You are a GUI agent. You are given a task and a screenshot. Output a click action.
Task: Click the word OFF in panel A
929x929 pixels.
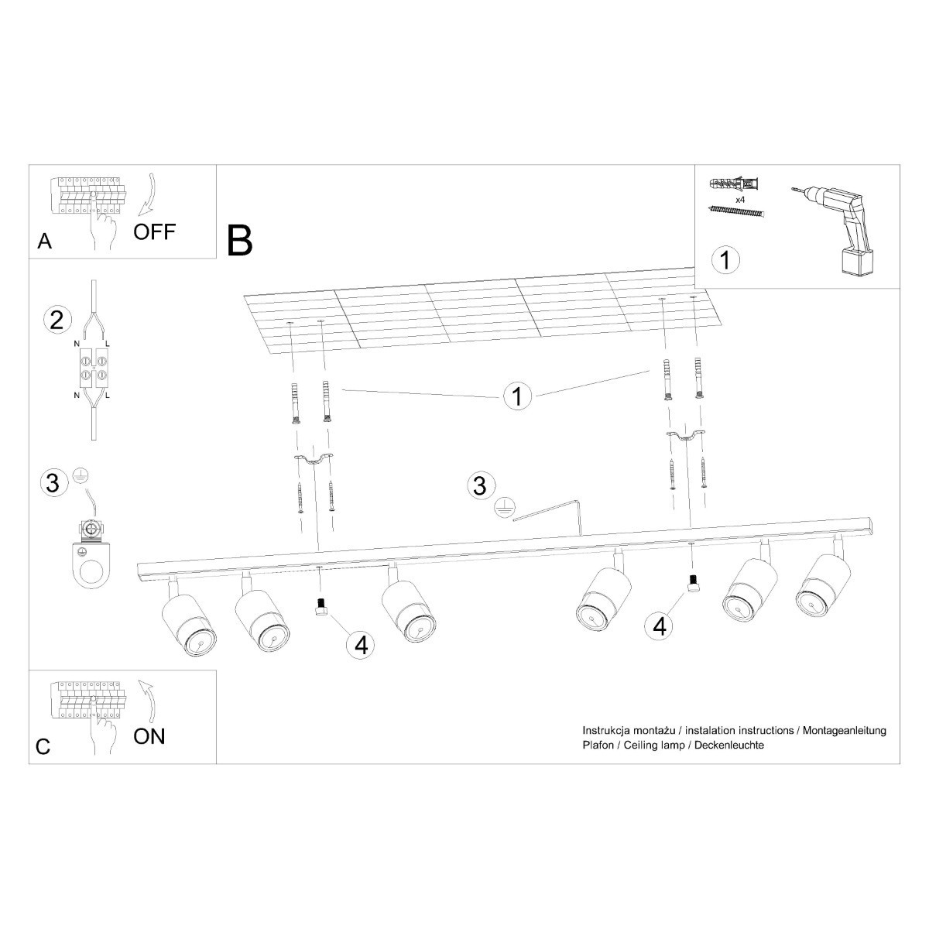[x=155, y=231]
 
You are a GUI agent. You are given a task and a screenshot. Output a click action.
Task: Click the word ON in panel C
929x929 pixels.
[x=149, y=735]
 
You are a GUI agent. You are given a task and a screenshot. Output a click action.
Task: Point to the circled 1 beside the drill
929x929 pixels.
[x=725, y=259]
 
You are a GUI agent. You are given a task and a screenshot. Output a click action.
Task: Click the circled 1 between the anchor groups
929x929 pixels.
[x=518, y=396]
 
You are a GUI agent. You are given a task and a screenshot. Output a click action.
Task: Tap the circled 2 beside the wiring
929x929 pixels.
[x=56, y=320]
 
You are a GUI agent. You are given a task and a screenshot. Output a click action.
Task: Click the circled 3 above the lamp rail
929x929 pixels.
[x=479, y=486]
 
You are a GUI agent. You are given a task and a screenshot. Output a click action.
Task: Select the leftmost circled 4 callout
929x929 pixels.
[x=361, y=645]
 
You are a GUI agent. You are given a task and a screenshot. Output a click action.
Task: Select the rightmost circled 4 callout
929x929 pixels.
[x=659, y=625]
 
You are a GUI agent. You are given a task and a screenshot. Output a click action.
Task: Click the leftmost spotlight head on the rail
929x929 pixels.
[x=188, y=624]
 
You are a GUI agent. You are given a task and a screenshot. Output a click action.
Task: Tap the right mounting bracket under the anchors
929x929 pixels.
[x=686, y=437]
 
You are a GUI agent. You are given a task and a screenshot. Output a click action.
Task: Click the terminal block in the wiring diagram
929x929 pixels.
[x=93, y=368]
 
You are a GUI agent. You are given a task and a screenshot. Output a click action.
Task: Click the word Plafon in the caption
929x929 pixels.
[x=597, y=745]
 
